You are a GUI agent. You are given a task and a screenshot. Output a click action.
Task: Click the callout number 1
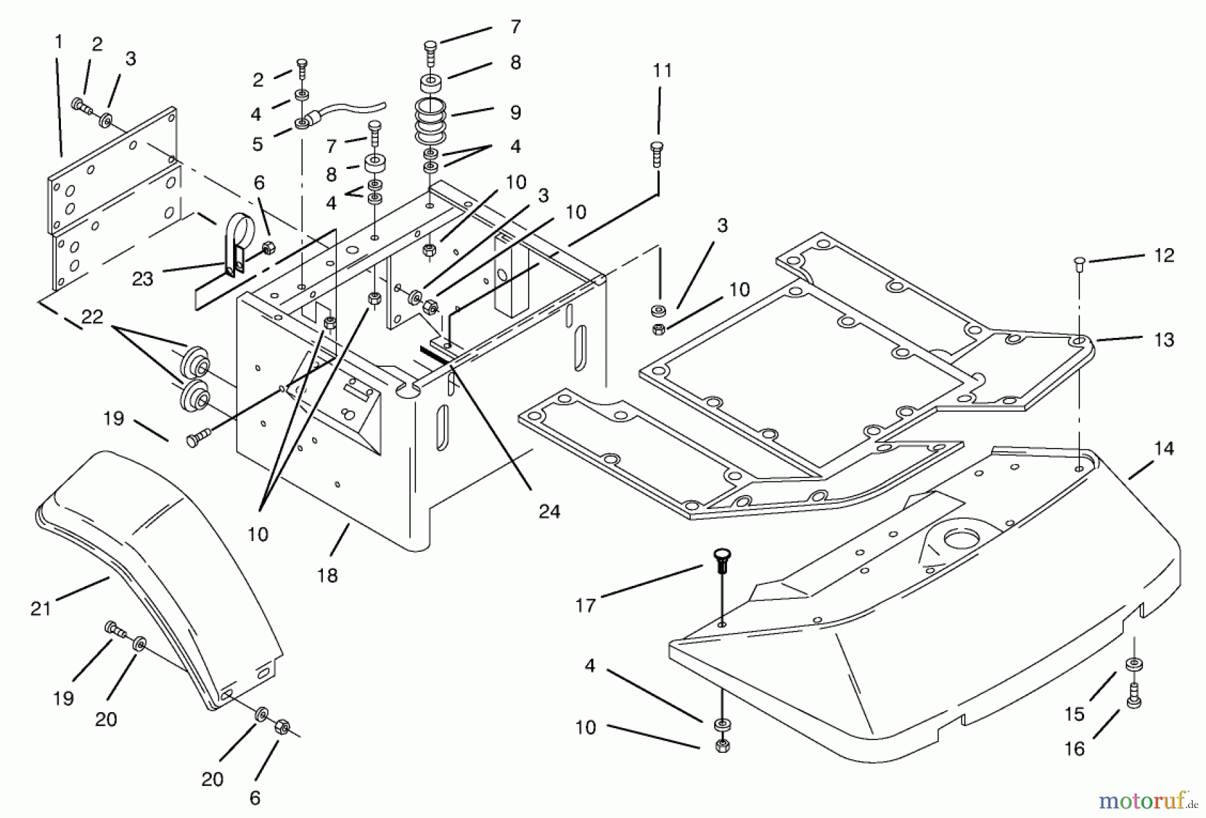click(59, 42)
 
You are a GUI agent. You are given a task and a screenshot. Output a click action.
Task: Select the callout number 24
click(549, 512)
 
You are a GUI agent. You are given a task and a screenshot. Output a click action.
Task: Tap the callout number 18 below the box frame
click(328, 575)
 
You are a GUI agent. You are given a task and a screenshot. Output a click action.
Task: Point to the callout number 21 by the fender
click(41, 609)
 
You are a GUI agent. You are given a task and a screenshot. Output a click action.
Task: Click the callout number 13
click(1164, 340)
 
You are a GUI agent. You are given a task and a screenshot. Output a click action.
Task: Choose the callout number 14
click(1164, 449)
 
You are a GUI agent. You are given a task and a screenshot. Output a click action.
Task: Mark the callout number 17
click(585, 605)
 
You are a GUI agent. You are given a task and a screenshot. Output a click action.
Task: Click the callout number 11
click(662, 70)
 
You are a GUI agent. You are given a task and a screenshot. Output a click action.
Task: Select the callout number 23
click(143, 279)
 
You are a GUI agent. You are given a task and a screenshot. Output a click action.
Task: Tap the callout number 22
click(92, 316)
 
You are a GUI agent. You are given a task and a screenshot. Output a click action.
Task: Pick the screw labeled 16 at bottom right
click(1133, 697)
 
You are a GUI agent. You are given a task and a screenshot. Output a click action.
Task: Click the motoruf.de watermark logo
click(1146, 800)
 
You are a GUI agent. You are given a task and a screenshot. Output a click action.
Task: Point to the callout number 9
click(515, 112)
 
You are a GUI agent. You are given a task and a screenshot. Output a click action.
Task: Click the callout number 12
click(1164, 255)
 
